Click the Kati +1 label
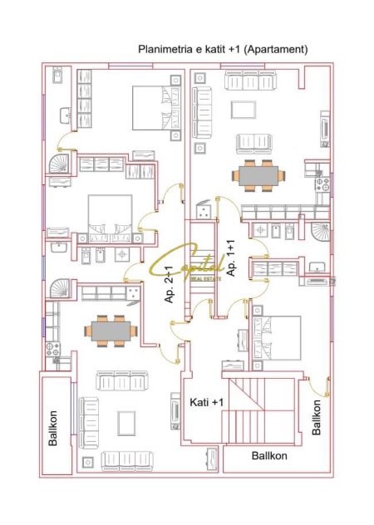tap(208, 402)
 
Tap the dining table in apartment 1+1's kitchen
tap(258, 175)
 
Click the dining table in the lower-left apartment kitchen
tap(110, 330)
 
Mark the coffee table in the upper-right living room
tap(242, 110)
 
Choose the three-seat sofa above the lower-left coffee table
tap(122, 381)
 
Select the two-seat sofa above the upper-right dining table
tap(257, 143)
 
